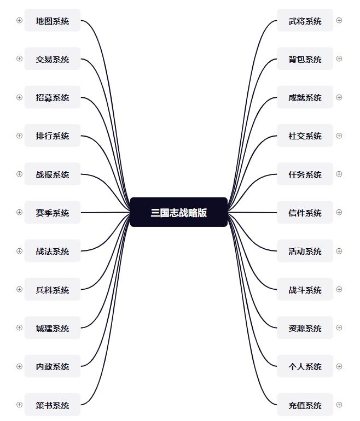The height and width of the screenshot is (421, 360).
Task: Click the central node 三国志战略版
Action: (x=179, y=212)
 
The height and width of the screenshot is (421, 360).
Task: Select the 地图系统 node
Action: (x=53, y=21)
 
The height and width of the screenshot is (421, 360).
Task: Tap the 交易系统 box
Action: (x=53, y=59)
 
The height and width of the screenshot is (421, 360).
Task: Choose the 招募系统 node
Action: (x=53, y=97)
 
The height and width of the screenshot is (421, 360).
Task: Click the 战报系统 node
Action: (x=53, y=174)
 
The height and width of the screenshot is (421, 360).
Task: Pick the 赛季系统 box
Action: (x=53, y=213)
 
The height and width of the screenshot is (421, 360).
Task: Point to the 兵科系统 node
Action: (x=53, y=290)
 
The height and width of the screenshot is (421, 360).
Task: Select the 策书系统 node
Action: (x=53, y=405)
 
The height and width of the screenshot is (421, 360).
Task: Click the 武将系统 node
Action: (x=305, y=21)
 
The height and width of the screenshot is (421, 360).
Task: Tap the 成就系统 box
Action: (x=305, y=97)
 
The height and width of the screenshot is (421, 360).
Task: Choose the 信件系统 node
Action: (x=305, y=213)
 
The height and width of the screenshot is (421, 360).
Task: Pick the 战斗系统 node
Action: (x=305, y=290)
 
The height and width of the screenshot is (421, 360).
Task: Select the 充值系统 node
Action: (x=305, y=405)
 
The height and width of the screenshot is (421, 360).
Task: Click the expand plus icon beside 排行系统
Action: (x=20, y=136)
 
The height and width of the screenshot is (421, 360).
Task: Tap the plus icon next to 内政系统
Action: (x=20, y=366)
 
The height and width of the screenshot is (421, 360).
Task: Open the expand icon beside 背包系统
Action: (x=339, y=59)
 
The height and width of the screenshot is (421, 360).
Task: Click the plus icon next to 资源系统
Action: (x=339, y=328)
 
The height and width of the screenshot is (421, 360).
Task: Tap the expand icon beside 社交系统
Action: (x=339, y=136)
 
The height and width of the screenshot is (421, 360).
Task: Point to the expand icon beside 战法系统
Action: (x=20, y=251)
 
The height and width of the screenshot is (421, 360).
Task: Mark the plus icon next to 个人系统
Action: (x=339, y=366)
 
